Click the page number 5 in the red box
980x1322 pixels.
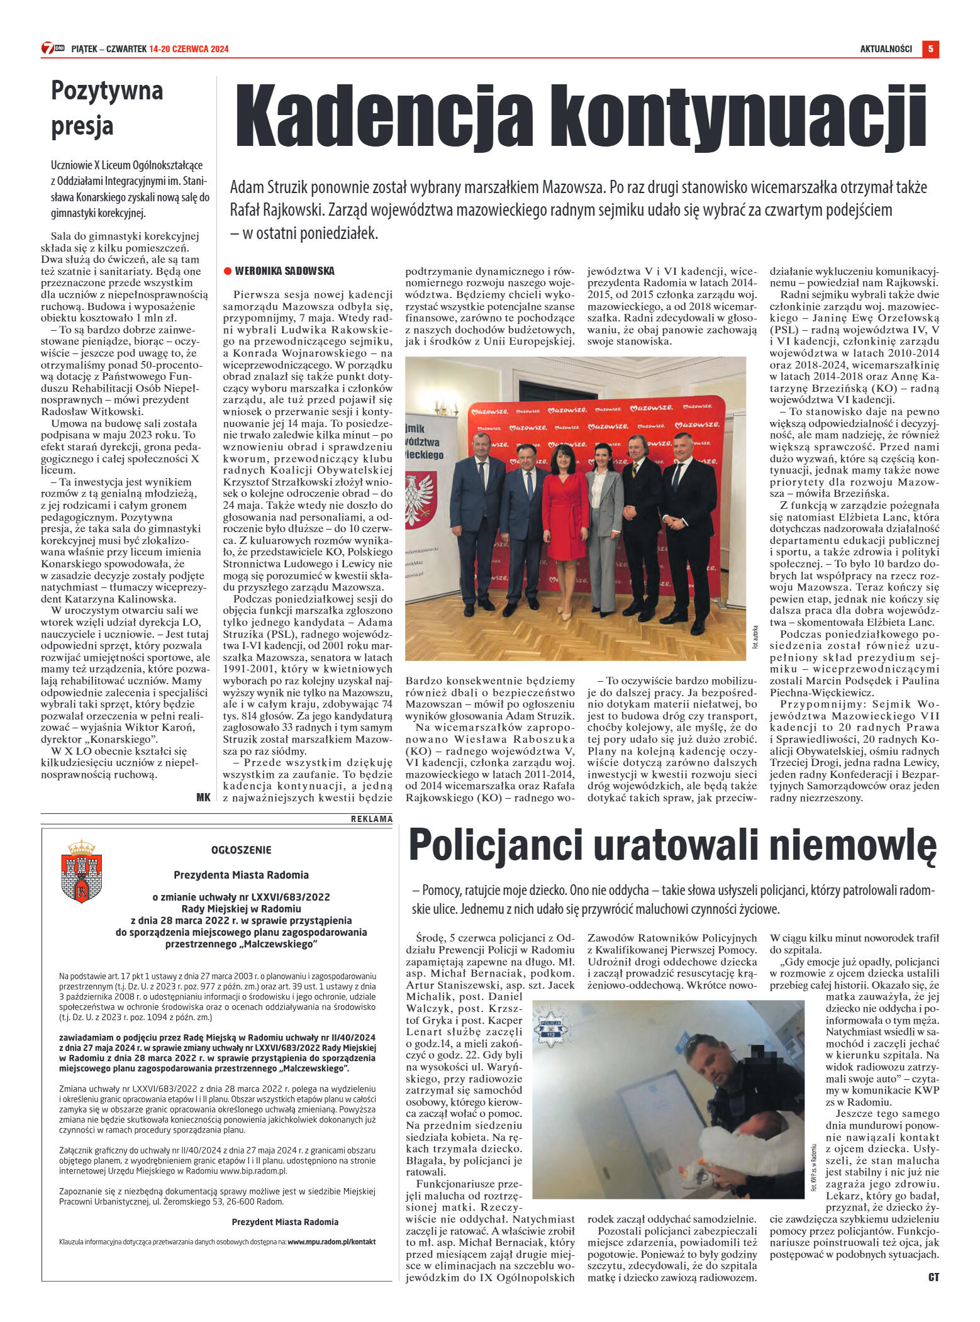[x=930, y=49]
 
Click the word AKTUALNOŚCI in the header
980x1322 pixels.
[x=886, y=49]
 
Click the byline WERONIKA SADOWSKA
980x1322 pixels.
[x=284, y=271]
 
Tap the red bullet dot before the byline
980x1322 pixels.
[x=228, y=271]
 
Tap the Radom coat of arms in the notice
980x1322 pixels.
[x=81, y=871]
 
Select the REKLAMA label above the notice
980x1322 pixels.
[x=371, y=819]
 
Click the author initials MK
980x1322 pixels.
[x=203, y=797]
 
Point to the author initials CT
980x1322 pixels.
[x=933, y=1277]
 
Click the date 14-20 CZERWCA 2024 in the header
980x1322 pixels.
[x=189, y=49]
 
